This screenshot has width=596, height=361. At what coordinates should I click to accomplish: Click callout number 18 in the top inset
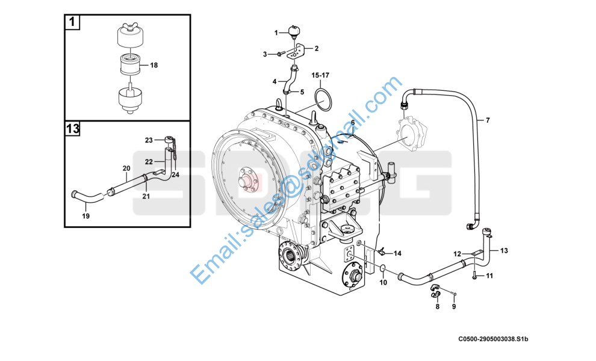tap(154, 66)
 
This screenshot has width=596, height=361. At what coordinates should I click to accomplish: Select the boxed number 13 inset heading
tap(72, 128)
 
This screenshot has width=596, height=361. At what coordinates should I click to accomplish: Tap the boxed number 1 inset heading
tap(72, 22)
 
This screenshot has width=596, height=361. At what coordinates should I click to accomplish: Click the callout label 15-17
tap(320, 75)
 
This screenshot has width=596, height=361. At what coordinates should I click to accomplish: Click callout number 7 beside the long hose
tap(488, 120)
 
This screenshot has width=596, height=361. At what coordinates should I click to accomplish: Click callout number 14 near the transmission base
tap(397, 253)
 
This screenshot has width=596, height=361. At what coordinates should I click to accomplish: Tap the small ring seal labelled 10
tap(383, 270)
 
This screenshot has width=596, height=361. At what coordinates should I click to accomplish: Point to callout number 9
tap(454, 306)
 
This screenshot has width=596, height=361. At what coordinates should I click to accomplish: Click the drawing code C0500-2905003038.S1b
tap(493, 339)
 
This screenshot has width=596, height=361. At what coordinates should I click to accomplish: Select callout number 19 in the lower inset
tap(86, 216)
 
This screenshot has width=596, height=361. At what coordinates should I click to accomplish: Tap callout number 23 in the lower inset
tap(149, 140)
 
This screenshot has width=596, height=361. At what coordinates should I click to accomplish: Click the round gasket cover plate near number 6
tap(412, 135)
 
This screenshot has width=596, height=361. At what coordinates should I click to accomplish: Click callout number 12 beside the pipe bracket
tap(458, 254)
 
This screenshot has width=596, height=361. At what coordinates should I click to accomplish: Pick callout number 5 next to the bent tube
tap(302, 92)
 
